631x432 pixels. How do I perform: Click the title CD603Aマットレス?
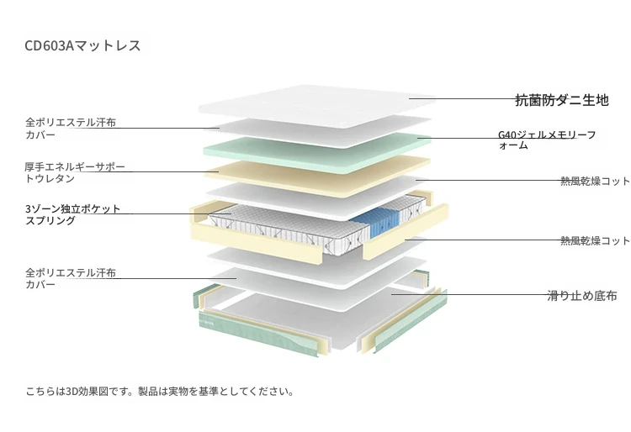pyautogui.click(x=82, y=45)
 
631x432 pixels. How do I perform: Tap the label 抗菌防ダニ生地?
pyautogui.click(x=562, y=100)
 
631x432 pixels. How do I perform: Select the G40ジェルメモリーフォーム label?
pyautogui.click(x=547, y=140)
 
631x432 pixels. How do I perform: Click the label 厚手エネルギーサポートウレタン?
pyautogui.click(x=75, y=172)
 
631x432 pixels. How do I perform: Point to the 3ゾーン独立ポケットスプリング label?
pyautogui.click(x=73, y=214)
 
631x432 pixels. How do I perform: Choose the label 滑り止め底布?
pyautogui.click(x=582, y=296)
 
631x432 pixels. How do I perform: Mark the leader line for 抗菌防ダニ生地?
pyautogui.click(x=463, y=98)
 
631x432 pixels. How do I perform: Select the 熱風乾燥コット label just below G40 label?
pyautogui.click(x=595, y=182)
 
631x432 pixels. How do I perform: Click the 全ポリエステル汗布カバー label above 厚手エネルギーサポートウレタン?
pyautogui.click(x=71, y=129)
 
